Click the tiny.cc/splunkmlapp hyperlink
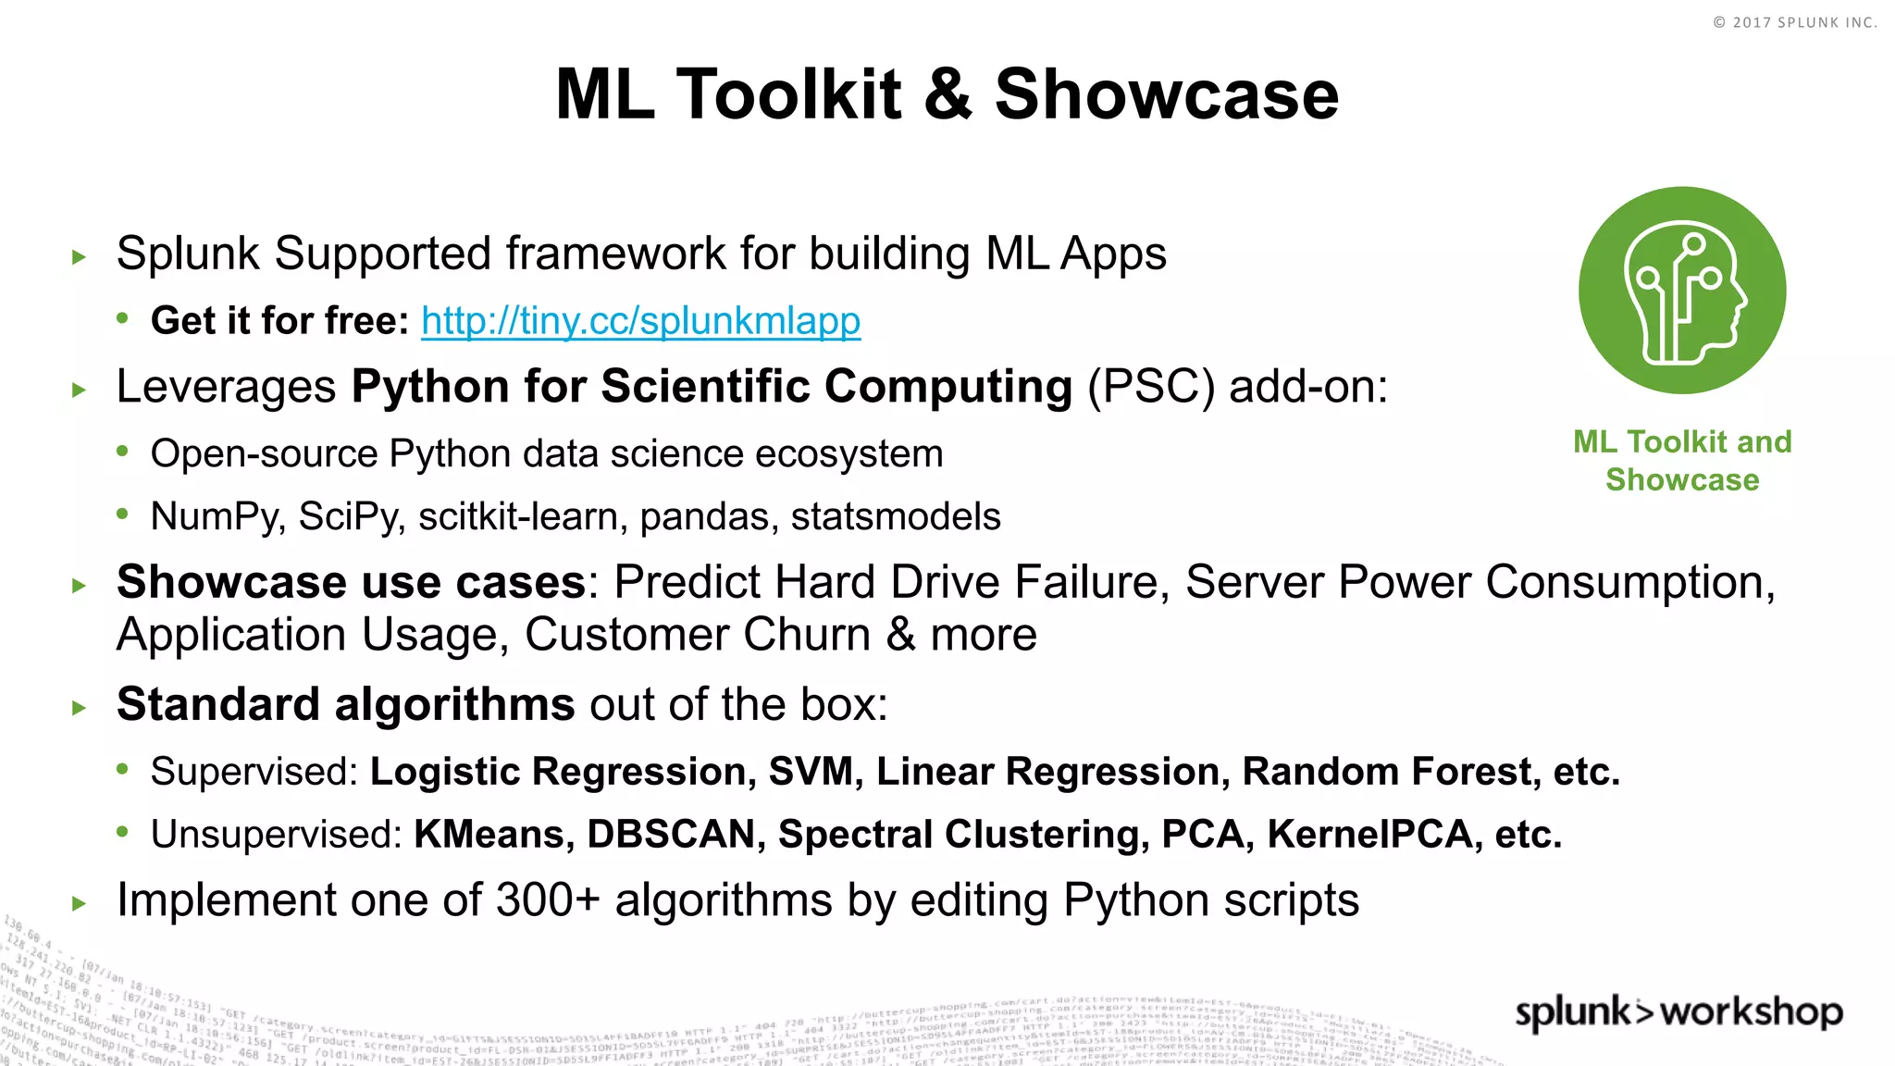pos(640,321)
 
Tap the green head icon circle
pos(1681,291)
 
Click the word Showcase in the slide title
pos(1166,94)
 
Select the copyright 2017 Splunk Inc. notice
pos(1793,22)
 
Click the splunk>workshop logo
pos(1678,1011)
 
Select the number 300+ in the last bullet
pos(548,900)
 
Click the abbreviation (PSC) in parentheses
pos(1150,387)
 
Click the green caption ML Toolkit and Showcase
pos(1682,461)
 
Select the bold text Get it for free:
pos(279,321)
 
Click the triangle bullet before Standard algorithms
pos(79,709)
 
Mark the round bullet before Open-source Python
pos(122,452)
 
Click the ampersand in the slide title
pos(947,94)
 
